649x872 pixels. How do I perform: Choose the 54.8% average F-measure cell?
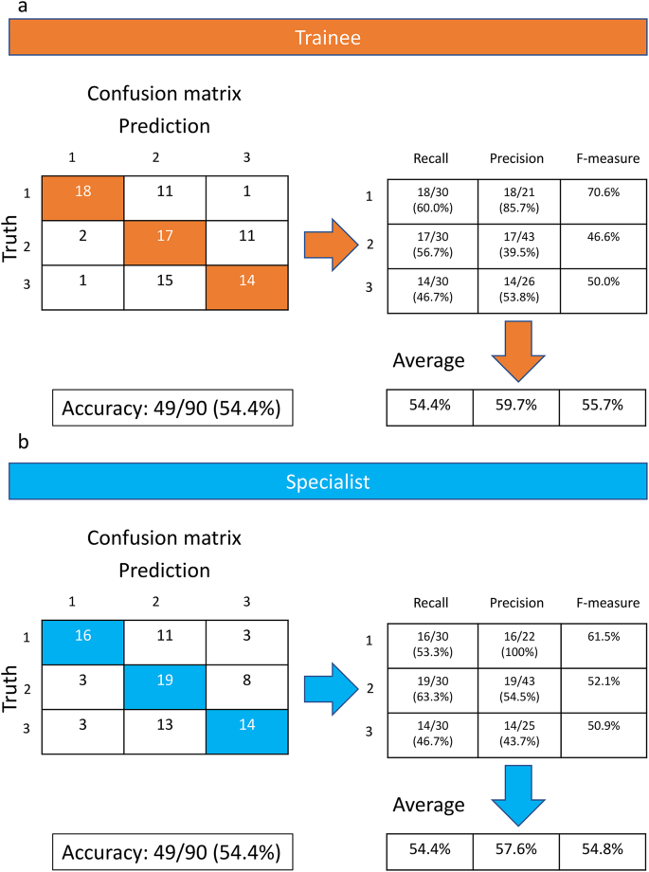(x=604, y=850)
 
